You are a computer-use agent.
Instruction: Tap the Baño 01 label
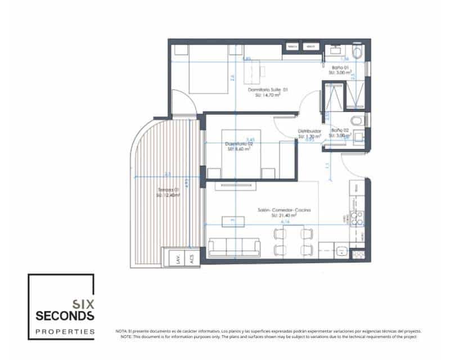(339, 67)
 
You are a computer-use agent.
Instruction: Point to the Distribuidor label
(309, 130)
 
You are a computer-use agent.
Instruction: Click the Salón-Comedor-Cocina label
(284, 210)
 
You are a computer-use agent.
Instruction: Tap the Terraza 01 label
(169, 191)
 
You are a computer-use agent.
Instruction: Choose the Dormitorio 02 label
(239, 145)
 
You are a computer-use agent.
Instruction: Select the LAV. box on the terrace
(177, 259)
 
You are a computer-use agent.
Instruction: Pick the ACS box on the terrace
(192, 259)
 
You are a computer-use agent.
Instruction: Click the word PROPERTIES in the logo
(65, 332)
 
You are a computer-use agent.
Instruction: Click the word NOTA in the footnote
(121, 331)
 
